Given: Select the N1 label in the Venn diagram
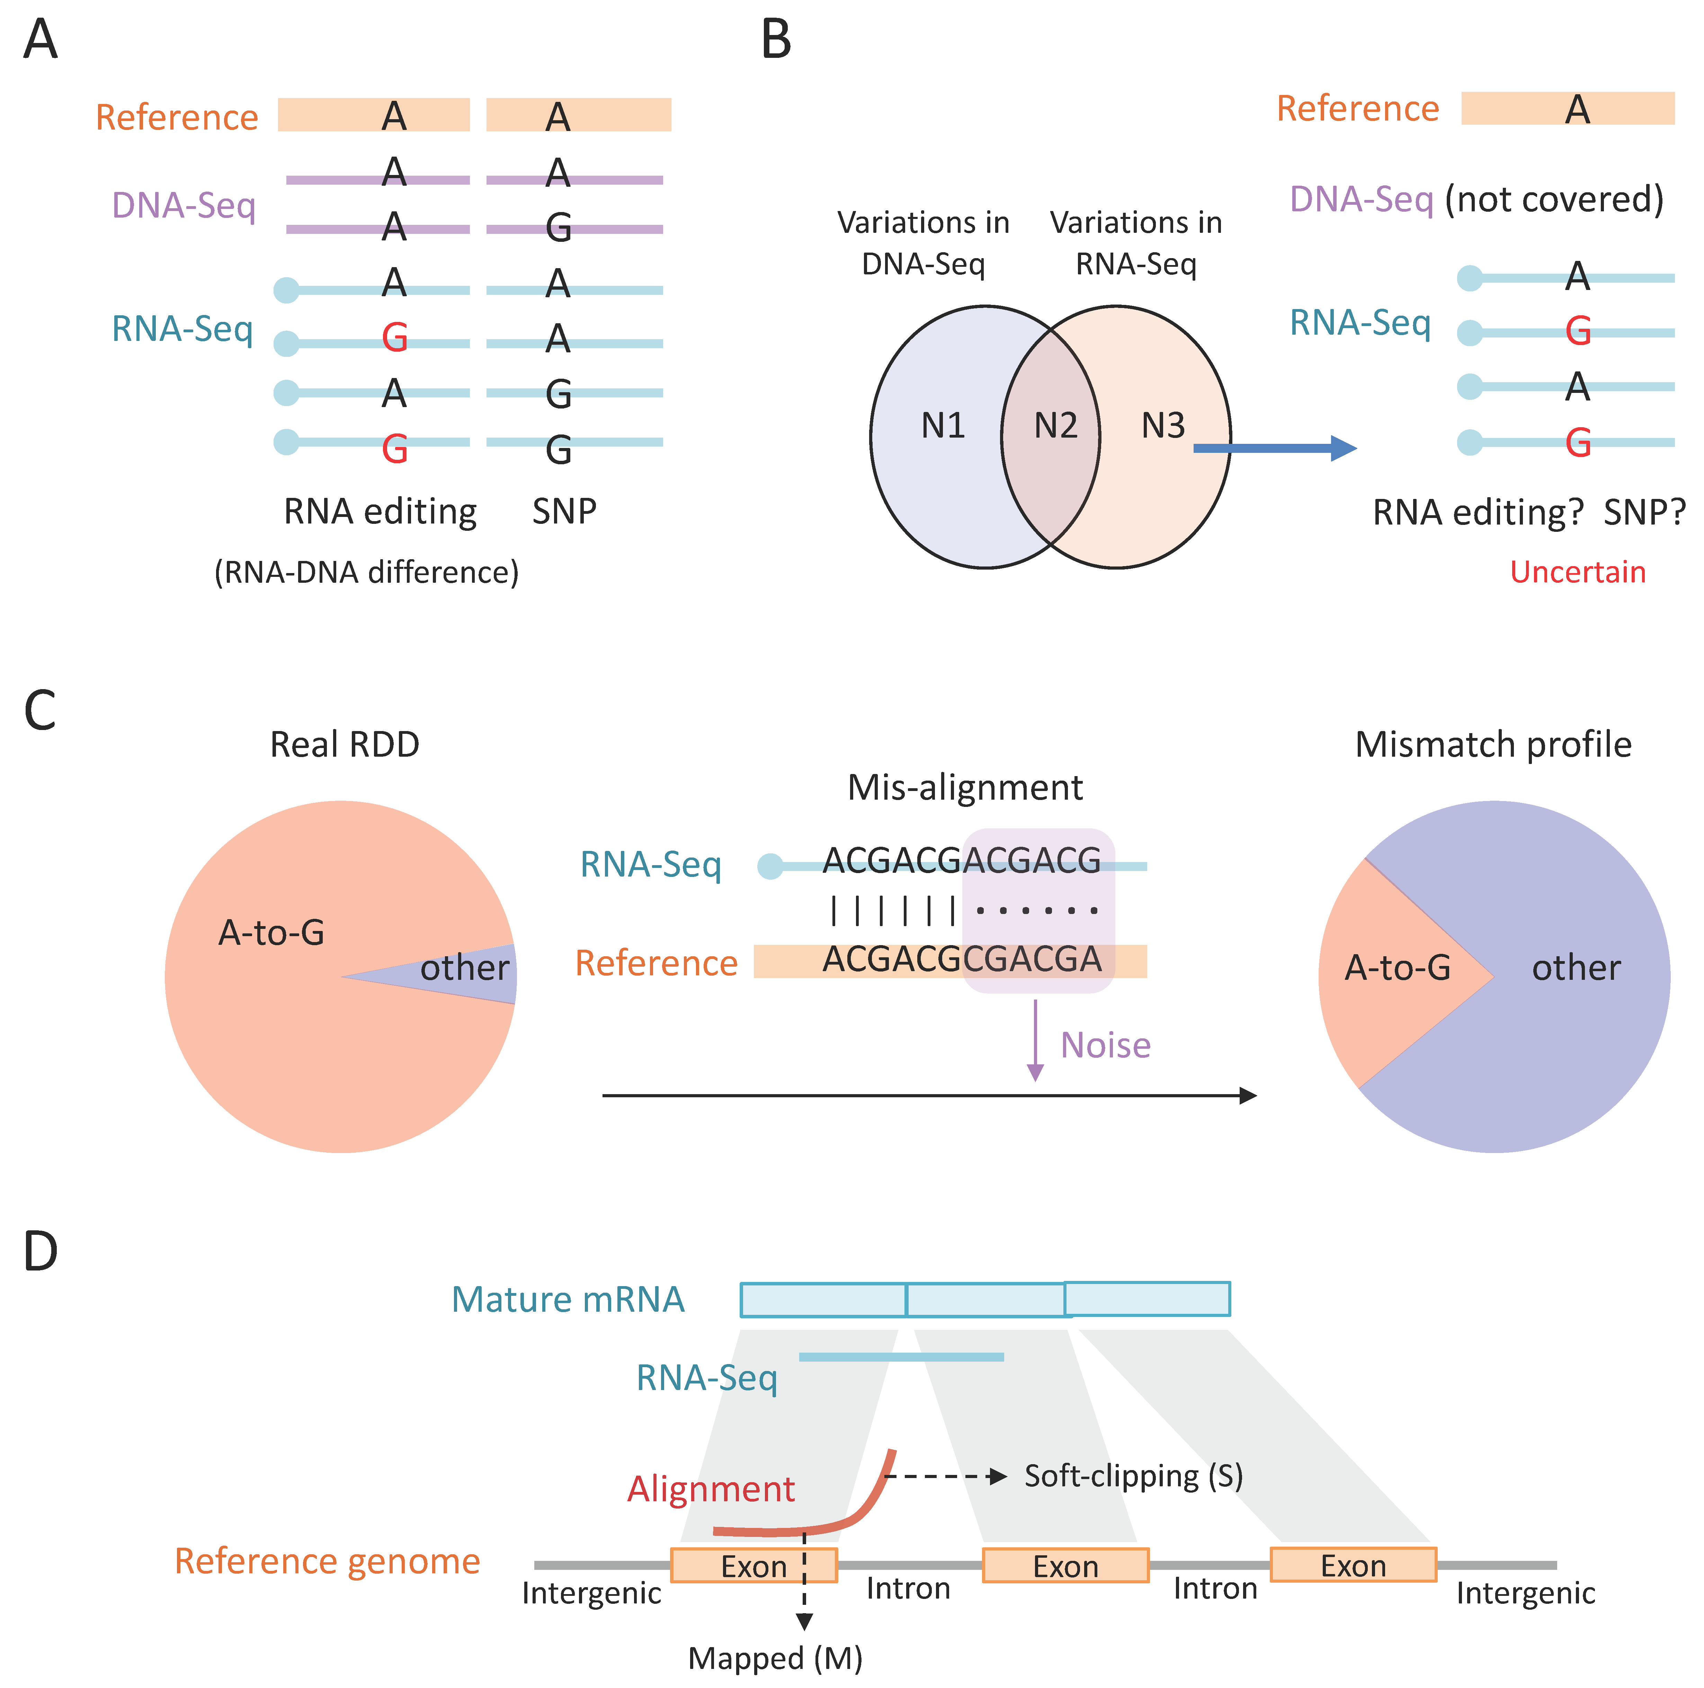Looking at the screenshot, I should [x=943, y=426].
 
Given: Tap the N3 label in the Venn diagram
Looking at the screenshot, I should [x=1162, y=426].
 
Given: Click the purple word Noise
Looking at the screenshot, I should [x=1105, y=1045].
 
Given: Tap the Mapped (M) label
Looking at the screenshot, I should [x=775, y=1658].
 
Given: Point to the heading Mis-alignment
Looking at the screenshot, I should [x=965, y=787].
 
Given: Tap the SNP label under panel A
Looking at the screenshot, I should [x=564, y=511].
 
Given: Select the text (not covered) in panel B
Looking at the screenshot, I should [x=1554, y=200].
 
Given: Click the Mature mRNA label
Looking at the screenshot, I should [x=568, y=1300].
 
